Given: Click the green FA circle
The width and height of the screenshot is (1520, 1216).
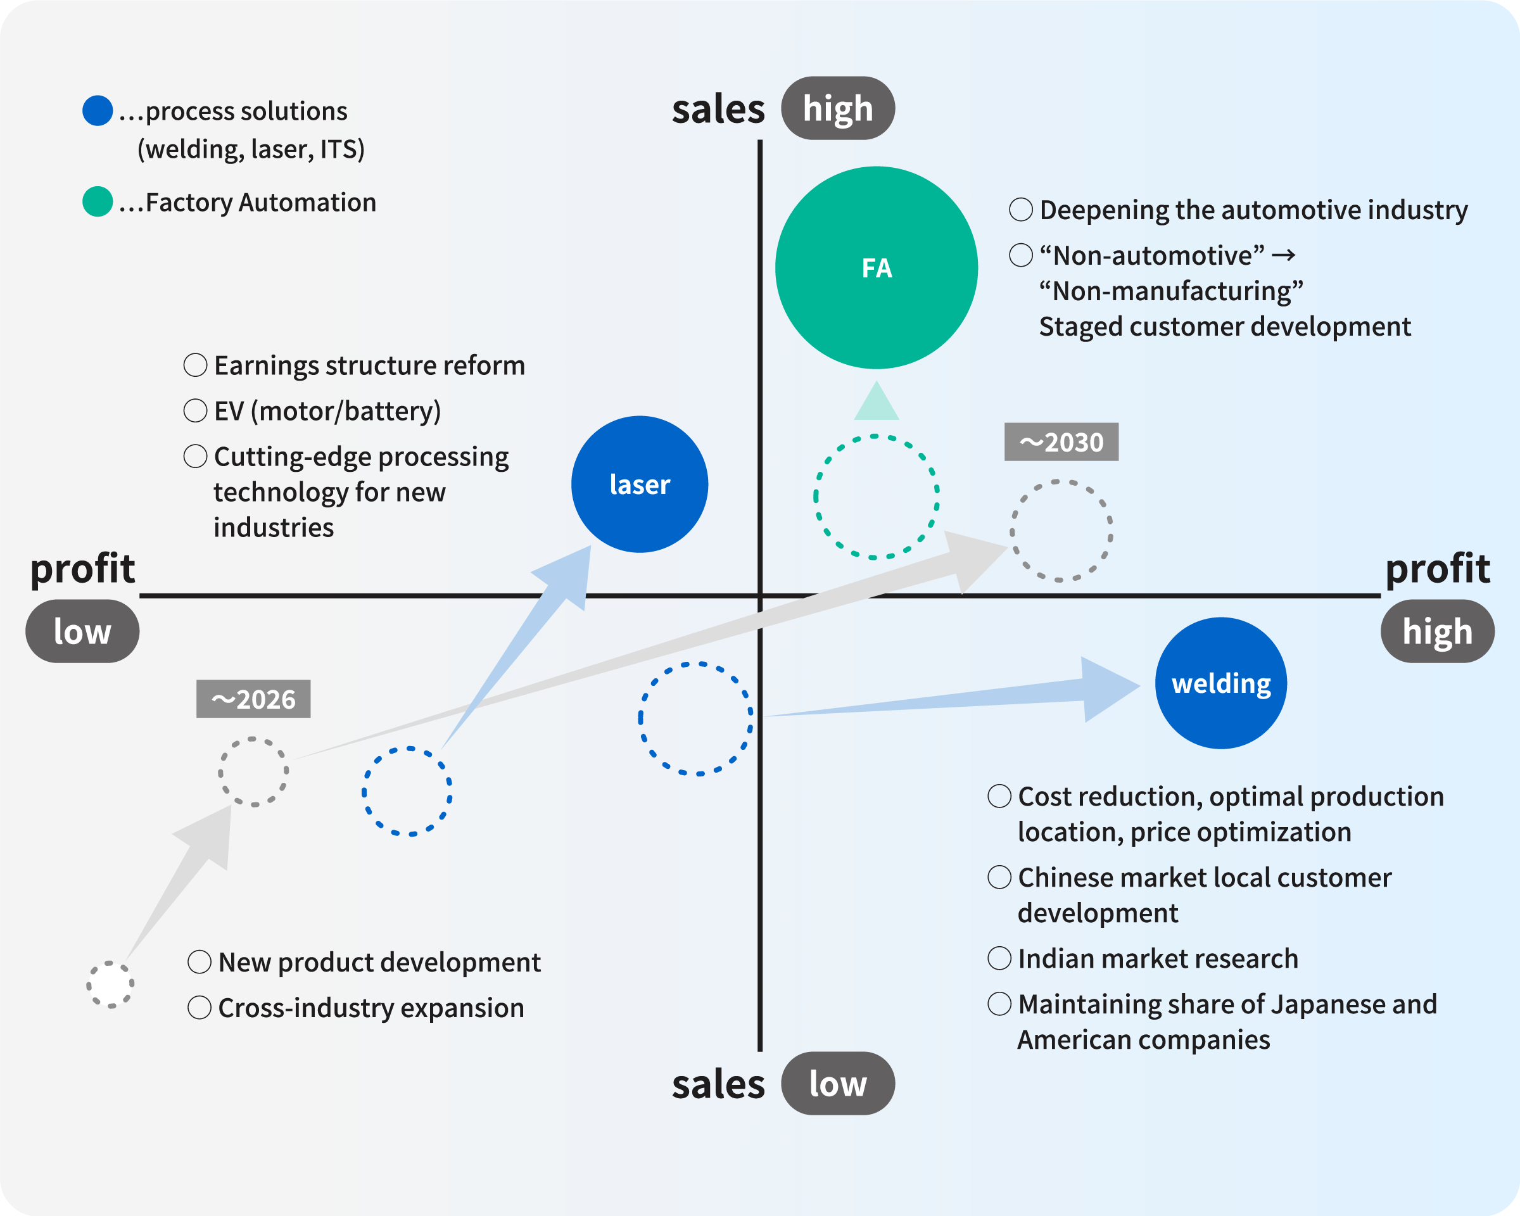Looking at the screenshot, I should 877,268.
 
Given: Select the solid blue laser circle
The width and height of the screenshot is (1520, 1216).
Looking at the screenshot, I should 640,484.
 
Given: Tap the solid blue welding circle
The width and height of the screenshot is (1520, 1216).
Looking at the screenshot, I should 1221,683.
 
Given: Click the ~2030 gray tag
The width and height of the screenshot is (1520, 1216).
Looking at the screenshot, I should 1061,442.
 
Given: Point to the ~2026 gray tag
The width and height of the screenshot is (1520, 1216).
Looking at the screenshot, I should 253,699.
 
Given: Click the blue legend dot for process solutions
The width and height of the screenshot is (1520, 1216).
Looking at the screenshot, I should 98,111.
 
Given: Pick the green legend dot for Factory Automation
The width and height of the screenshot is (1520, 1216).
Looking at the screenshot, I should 98,201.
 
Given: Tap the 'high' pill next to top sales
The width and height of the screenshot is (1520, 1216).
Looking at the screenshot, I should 837,108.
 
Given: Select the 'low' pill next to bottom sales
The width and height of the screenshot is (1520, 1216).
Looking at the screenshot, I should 837,1084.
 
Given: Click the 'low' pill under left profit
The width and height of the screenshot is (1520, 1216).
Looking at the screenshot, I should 82,631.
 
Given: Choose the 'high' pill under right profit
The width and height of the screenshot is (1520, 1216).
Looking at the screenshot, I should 1438,631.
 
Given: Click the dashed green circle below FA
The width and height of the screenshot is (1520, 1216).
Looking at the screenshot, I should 877,497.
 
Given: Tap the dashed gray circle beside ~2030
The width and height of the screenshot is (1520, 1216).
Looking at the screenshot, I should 1061,531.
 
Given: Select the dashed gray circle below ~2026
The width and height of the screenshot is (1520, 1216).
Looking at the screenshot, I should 253,772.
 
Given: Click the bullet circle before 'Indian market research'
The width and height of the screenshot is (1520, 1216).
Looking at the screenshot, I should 999,959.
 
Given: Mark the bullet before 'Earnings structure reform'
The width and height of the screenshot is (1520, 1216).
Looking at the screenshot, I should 195,365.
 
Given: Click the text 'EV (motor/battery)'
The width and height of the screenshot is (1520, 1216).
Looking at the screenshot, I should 328,411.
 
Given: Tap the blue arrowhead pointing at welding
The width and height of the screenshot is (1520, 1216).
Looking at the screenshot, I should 1107,688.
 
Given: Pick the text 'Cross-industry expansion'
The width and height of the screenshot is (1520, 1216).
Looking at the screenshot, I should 371,1008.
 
